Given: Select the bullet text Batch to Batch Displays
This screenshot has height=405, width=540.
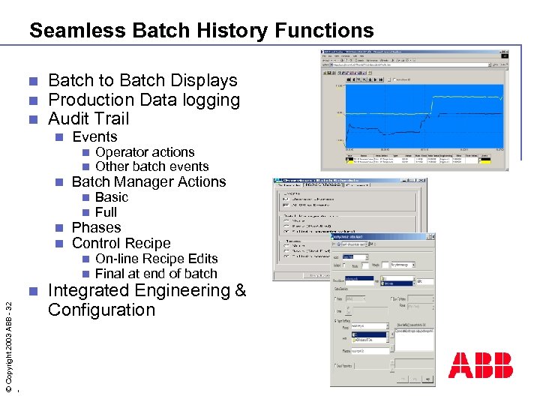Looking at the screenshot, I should click(142, 81).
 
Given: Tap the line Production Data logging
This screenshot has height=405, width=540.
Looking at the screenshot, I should click(143, 100).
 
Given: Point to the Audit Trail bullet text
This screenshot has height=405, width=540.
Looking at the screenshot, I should click(88, 118).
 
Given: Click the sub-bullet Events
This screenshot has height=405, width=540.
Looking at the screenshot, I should click(94, 137).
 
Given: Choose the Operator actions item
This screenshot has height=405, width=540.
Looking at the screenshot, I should click(145, 152).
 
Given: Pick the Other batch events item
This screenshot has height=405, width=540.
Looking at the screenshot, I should click(151, 166).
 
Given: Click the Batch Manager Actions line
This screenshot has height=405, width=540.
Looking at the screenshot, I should click(148, 182).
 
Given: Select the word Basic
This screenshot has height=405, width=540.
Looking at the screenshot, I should click(112, 197).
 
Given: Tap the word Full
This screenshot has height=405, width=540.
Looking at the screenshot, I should click(106, 212).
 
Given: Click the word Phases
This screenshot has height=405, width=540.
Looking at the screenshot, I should click(96, 228).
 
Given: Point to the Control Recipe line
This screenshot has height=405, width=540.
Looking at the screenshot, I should click(121, 243).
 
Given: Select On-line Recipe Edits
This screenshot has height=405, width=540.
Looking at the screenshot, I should click(156, 259).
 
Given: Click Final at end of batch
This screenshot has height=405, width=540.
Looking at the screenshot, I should click(156, 274).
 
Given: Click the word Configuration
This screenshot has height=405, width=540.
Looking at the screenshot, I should click(101, 310).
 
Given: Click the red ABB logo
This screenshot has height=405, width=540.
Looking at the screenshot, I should click(481, 365).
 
